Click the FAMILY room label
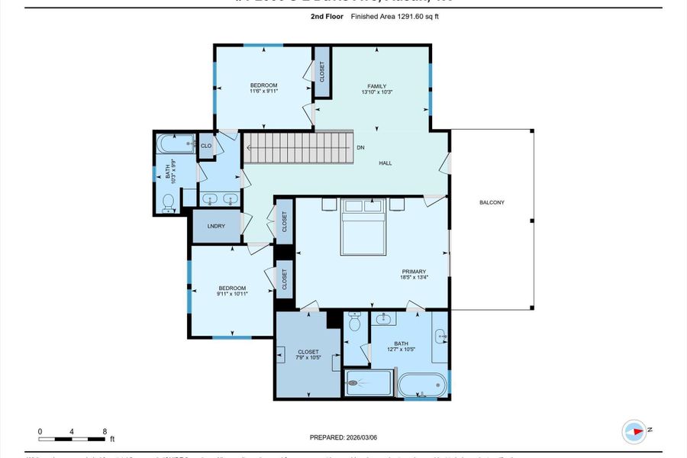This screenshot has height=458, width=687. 376,86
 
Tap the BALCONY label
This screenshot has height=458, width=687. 492,202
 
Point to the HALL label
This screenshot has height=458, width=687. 386,163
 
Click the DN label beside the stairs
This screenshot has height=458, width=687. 360,147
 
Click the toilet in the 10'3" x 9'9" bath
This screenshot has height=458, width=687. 169,202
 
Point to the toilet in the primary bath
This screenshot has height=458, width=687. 353,324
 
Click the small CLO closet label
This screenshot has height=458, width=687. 206,145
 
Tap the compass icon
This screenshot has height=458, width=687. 634,431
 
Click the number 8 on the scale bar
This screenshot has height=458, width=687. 104,431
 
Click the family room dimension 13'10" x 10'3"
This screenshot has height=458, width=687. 376,93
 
